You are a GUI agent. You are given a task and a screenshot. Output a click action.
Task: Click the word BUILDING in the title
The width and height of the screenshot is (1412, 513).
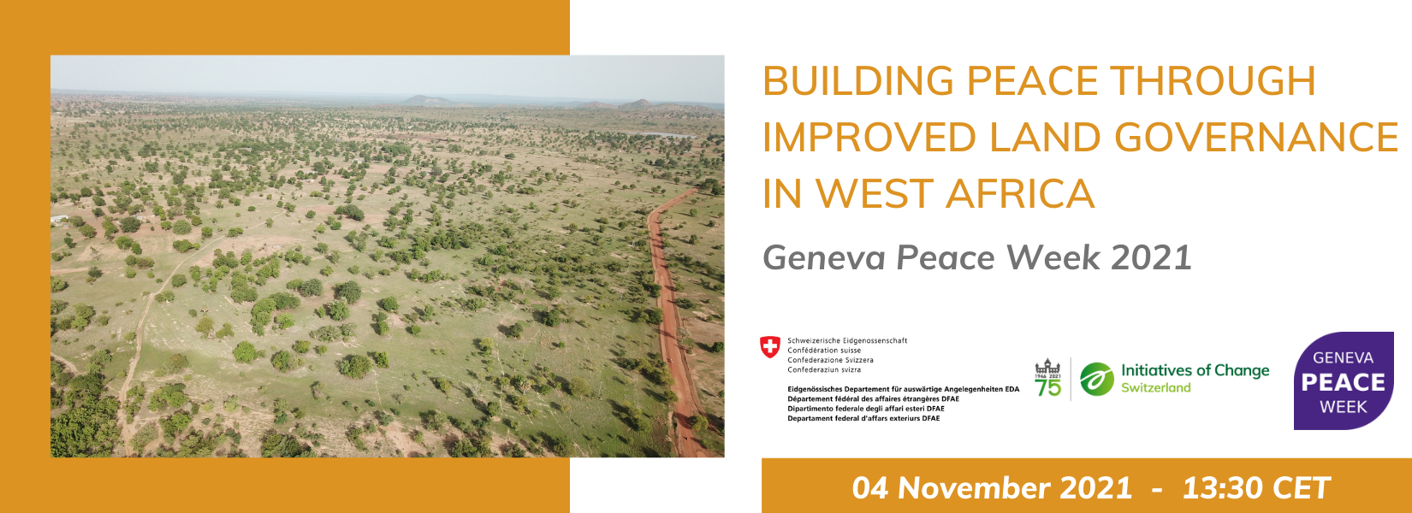coord(858,81)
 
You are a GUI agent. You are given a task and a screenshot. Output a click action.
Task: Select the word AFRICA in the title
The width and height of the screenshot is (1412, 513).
coord(1020,193)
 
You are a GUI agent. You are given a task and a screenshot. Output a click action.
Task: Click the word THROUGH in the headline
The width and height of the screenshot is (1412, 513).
coord(1213,81)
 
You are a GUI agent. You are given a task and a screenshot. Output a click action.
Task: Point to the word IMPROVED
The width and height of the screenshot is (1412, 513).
coord(869,137)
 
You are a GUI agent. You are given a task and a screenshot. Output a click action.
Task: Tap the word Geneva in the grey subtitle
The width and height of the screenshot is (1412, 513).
coord(824,257)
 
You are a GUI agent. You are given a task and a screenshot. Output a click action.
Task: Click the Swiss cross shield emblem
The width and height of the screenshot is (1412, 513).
coord(769,347)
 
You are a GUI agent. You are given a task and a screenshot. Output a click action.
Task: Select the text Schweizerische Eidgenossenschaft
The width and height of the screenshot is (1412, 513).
coord(847,340)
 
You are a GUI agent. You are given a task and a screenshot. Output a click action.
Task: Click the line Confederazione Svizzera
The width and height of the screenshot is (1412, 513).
coord(830,360)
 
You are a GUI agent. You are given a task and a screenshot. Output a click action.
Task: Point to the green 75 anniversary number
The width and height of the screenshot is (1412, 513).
coord(1047,387)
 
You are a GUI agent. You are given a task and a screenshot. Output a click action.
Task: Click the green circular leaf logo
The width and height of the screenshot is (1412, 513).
coord(1097,380)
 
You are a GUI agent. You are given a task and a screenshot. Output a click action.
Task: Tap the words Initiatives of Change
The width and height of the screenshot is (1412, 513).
coord(1195,371)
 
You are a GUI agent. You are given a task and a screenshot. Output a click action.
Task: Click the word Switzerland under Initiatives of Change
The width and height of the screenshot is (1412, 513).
coord(1155,387)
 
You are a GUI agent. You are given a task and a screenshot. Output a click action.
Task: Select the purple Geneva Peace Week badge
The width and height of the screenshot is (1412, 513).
coord(1344,380)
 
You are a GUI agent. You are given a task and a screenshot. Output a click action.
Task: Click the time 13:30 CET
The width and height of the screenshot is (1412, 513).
coord(1256,488)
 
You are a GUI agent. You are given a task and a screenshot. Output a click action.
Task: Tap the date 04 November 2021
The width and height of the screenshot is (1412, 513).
coord(992,488)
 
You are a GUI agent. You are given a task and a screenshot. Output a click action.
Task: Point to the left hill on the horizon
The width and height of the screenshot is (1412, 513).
coord(427,99)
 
